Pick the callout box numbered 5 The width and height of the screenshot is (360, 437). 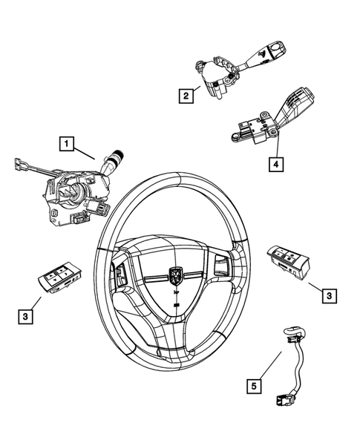(x=255, y=385)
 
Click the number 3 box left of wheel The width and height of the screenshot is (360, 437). (x=25, y=317)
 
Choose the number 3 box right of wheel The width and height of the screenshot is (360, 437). (x=327, y=296)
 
